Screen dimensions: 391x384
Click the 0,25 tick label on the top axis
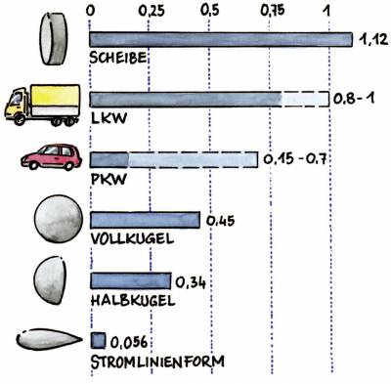(152, 11)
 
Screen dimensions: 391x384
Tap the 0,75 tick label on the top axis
(273, 11)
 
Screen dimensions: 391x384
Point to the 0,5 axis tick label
(209, 11)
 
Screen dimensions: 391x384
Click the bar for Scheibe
(221, 39)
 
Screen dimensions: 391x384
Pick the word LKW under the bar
(109, 118)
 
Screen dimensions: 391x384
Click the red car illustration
(52, 157)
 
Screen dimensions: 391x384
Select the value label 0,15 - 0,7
(294, 159)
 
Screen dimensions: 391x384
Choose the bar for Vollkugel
(145, 220)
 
